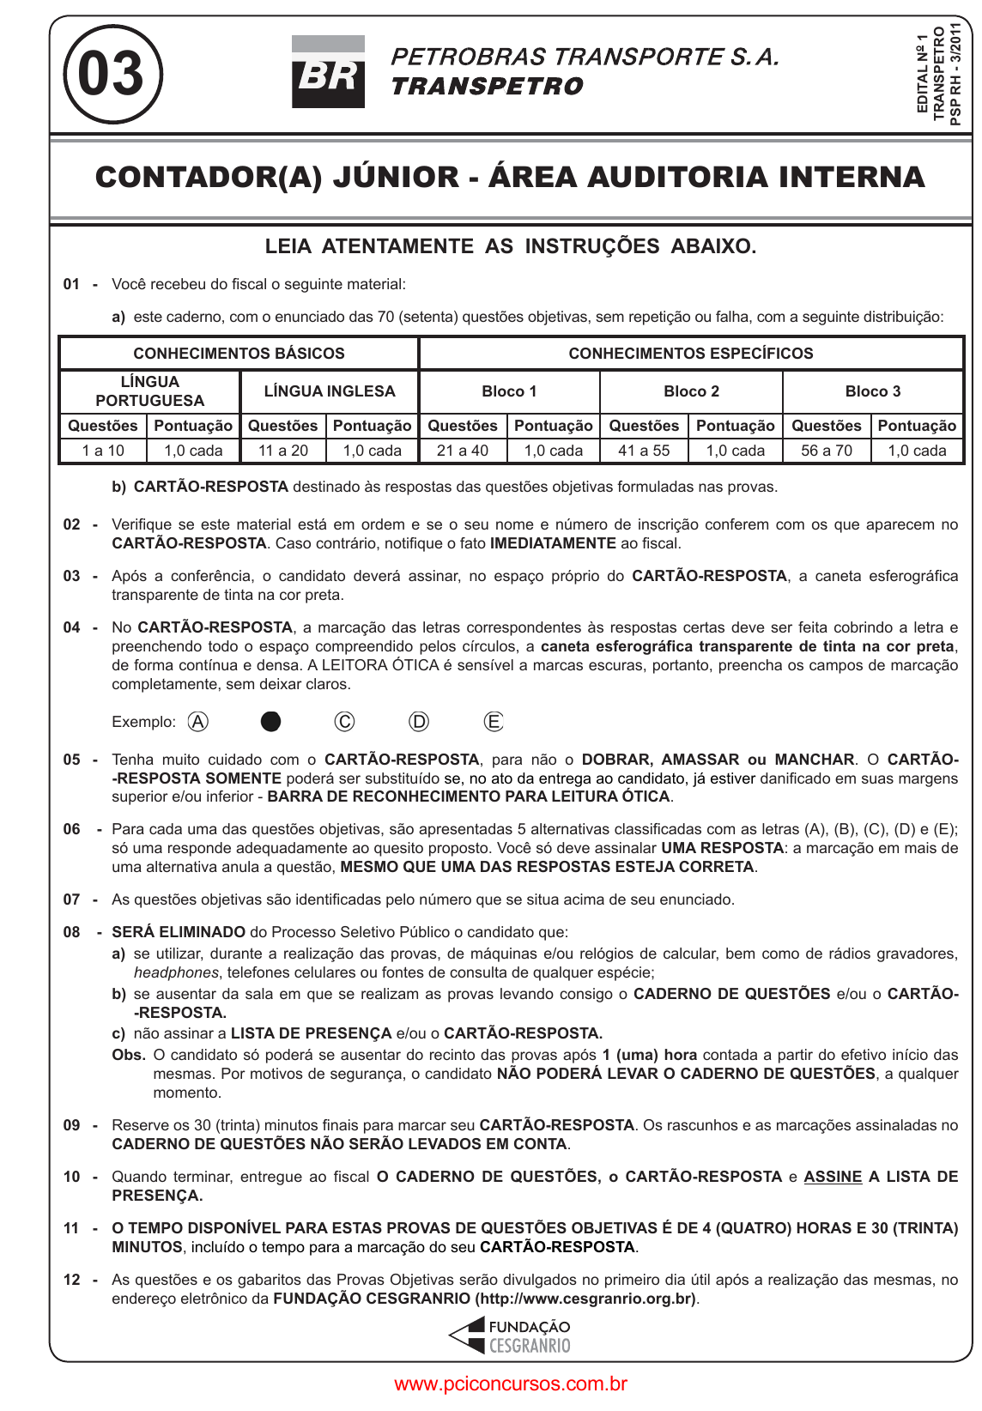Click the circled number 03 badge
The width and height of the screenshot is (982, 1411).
tap(112, 74)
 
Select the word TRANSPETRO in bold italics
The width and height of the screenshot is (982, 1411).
tap(487, 87)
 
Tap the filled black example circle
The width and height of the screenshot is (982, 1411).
tap(270, 722)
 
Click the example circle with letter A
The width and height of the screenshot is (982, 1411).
tap(198, 722)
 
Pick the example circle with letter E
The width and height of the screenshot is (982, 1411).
tap(494, 722)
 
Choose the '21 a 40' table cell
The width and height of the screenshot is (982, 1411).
tap(463, 451)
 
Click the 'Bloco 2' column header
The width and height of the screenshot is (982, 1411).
tap(691, 391)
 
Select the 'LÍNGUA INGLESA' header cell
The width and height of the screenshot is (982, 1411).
tap(330, 391)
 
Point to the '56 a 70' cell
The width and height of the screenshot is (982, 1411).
tap(827, 451)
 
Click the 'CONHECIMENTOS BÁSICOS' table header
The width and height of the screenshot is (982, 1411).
tap(239, 354)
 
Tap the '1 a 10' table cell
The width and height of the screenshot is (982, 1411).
tap(103, 451)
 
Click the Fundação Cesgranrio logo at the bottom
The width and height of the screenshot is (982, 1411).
tap(511, 1336)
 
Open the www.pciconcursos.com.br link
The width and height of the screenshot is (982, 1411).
tap(511, 1384)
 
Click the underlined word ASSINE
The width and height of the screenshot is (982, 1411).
tap(833, 1177)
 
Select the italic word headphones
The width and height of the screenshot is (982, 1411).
tap(176, 972)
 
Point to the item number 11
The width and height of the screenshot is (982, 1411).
tap(72, 1228)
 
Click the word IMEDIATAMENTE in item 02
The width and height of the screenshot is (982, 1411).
tap(553, 543)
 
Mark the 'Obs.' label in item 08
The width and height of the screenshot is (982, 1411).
tap(129, 1055)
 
